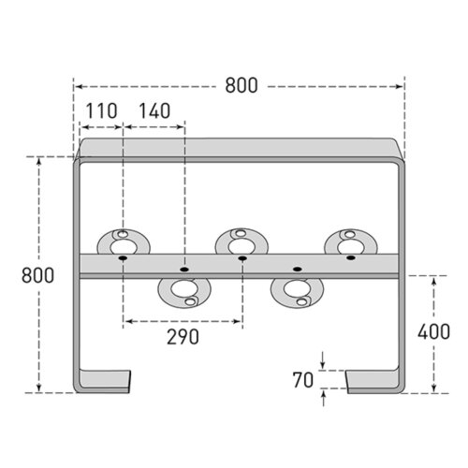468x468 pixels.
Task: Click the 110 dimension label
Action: tap(101, 110)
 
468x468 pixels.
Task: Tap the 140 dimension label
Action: tap(154, 110)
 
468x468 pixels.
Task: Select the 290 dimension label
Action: tap(183, 337)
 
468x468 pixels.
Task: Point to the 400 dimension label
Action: tap(433, 331)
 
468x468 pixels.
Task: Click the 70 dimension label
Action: tap(303, 380)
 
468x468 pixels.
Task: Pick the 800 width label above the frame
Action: tap(241, 85)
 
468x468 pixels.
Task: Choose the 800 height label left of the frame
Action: tap(37, 275)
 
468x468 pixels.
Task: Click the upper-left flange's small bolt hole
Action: tap(124, 234)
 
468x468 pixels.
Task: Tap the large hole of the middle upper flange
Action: tap(241, 246)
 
